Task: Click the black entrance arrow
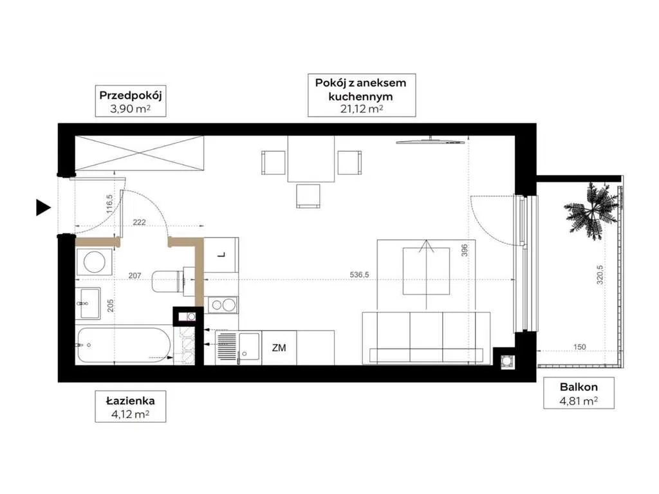coord(43,208)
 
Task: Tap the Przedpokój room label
coord(130,102)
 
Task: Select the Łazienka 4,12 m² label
coord(130,407)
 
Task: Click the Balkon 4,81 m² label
coord(579,394)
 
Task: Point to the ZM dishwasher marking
coord(279,348)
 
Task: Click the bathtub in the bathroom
coord(124,346)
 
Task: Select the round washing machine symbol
coord(94,262)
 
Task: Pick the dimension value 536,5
coord(359,275)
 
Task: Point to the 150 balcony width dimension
coord(579,347)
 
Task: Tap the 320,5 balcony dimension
coord(600,274)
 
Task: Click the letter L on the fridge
coord(222,255)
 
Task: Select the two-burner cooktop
coord(223,305)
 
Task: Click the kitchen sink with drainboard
coord(238,347)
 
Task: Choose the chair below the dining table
coord(308,196)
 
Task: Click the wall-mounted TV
coord(430,142)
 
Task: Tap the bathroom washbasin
coord(89,304)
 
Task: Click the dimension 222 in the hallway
coord(139,222)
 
